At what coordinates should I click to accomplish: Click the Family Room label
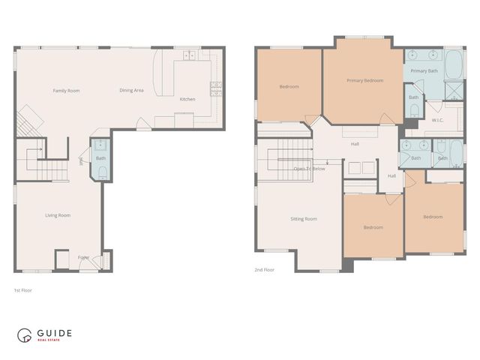(66, 91)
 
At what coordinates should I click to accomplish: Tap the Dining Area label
(131, 91)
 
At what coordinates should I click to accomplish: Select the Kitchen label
(187, 99)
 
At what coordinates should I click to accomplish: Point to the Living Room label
(58, 215)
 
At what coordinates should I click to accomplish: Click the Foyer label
(83, 257)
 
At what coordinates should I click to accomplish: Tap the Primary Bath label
(424, 71)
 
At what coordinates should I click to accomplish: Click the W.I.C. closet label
(439, 120)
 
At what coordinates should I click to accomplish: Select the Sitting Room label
(304, 219)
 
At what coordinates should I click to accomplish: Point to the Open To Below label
(309, 169)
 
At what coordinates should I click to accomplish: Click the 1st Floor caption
(23, 289)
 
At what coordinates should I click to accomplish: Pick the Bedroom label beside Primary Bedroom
(289, 87)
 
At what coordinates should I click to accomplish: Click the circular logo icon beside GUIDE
(26, 335)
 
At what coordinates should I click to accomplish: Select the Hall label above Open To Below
(355, 143)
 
